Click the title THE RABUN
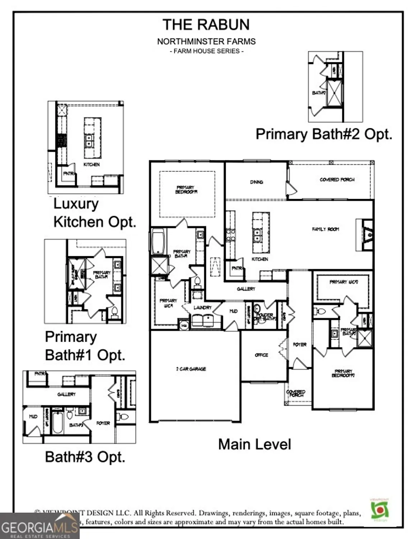(206, 25)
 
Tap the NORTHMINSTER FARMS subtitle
(206, 41)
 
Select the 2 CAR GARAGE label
(191, 369)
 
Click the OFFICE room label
(261, 355)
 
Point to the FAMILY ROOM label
(325, 229)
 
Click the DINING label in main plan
(256, 182)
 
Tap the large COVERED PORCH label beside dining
(337, 179)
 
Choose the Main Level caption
(254, 444)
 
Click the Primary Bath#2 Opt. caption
(324, 134)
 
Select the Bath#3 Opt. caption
(85, 457)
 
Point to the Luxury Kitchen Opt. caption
(94, 213)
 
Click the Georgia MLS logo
(39, 527)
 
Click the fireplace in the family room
(368, 235)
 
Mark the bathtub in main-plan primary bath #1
(158, 241)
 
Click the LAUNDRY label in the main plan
(202, 308)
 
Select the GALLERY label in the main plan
(246, 289)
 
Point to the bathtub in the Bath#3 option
(57, 423)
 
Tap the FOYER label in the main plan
(299, 344)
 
